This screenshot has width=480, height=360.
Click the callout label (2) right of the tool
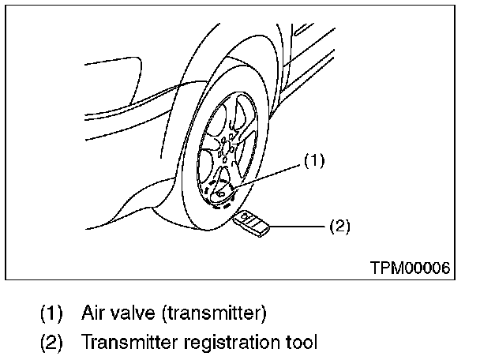(x=338, y=227)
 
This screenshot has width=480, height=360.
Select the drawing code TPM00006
(x=410, y=268)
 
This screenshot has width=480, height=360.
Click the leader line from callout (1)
(x=268, y=173)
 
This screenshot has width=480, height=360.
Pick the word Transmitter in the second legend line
(x=126, y=343)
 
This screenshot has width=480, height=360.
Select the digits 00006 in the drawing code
(x=427, y=268)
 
